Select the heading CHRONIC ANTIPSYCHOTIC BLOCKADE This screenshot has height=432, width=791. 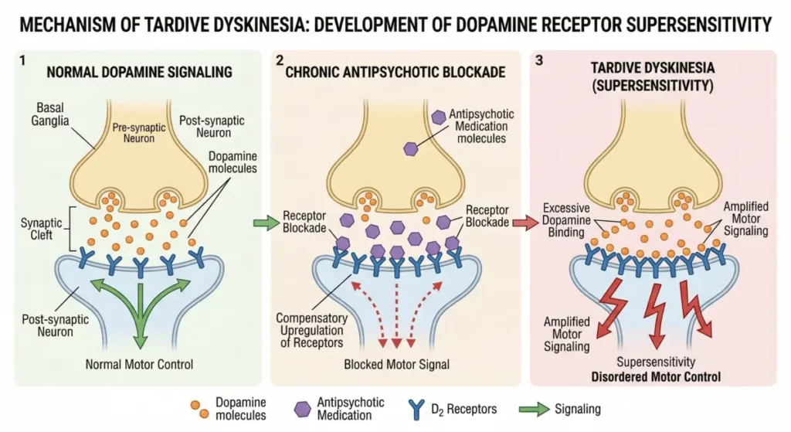(395, 73)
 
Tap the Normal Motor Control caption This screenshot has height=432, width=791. (140, 364)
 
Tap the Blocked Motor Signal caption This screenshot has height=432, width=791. (395, 364)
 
